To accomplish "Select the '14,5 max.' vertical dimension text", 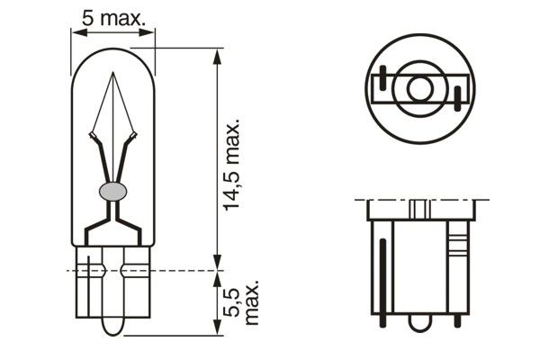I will pyautogui.click(x=233, y=163).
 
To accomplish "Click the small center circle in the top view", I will pyautogui.click(x=419, y=89).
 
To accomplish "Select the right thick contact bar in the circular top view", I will pyautogui.click(x=458, y=96).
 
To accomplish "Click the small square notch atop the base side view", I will pyautogui.click(x=419, y=208).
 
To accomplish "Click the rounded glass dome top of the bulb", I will pyautogui.click(x=112, y=54).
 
